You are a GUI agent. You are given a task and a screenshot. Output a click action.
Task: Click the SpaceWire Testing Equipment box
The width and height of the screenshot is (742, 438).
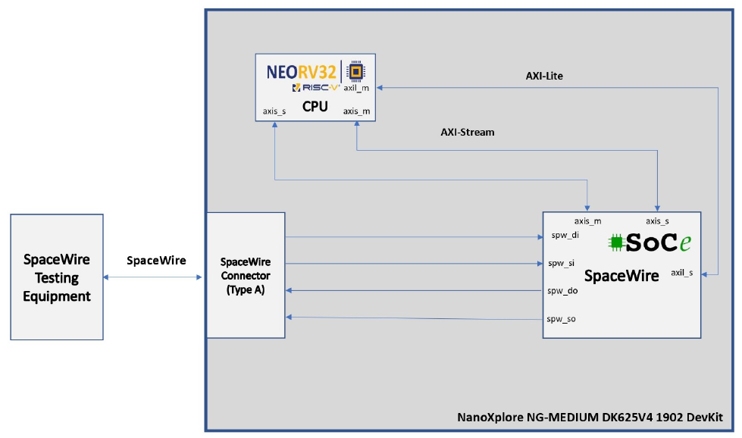[x=57, y=277]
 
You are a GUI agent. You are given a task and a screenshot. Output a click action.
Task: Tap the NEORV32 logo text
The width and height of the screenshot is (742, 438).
[x=301, y=73]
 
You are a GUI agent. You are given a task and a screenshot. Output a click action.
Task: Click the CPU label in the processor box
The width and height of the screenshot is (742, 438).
[x=315, y=106]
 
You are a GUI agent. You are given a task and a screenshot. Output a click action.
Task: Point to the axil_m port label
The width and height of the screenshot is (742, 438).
[x=356, y=88]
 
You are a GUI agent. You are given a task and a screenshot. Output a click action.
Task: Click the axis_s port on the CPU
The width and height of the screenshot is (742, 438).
[x=274, y=111]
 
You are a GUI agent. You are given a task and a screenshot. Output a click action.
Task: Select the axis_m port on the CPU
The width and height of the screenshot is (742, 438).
[x=356, y=111]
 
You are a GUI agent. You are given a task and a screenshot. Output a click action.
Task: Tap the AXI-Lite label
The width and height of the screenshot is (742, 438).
[x=544, y=77]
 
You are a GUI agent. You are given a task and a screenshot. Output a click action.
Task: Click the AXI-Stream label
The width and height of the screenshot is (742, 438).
[x=468, y=132]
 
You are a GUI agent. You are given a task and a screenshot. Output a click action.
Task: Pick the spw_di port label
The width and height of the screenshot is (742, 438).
[x=565, y=236]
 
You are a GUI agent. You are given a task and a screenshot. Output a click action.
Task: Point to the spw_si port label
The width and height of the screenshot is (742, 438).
[x=562, y=264]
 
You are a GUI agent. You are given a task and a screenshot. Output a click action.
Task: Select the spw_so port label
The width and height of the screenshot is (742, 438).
[x=562, y=319]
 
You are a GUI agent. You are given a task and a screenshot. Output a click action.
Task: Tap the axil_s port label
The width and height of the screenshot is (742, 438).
[x=682, y=273]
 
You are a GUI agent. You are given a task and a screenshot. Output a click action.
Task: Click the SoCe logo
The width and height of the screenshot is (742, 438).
[x=651, y=242]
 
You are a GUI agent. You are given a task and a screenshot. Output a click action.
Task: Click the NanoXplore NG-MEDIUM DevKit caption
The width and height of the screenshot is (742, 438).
[x=590, y=418]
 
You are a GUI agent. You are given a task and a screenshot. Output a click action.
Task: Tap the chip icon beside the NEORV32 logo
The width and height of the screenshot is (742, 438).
[x=354, y=71]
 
